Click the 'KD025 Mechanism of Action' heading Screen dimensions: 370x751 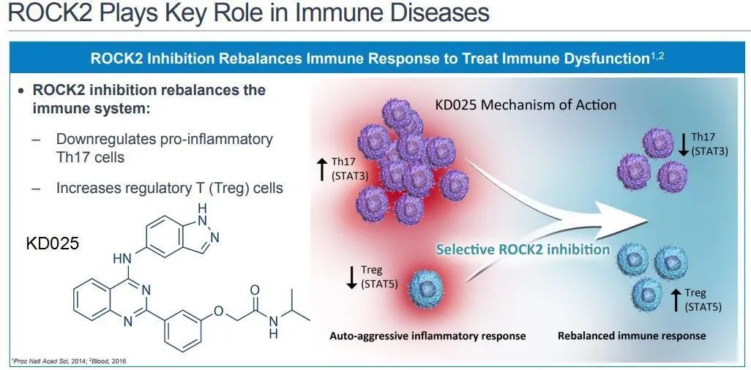click(x=525, y=105)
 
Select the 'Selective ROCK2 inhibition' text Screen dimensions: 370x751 click(x=523, y=249)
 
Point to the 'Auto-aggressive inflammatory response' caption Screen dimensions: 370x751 click(x=427, y=336)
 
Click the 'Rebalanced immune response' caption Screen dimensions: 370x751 click(x=632, y=336)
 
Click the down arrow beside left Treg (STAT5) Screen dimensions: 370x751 click(x=351, y=276)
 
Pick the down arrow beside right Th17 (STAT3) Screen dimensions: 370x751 click(x=683, y=143)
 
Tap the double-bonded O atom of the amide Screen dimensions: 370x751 click(x=255, y=290)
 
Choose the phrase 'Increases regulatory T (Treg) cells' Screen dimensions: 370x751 click(x=169, y=188)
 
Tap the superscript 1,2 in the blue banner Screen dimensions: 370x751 click(x=657, y=56)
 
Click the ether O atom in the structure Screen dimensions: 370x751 click(x=218, y=310)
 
